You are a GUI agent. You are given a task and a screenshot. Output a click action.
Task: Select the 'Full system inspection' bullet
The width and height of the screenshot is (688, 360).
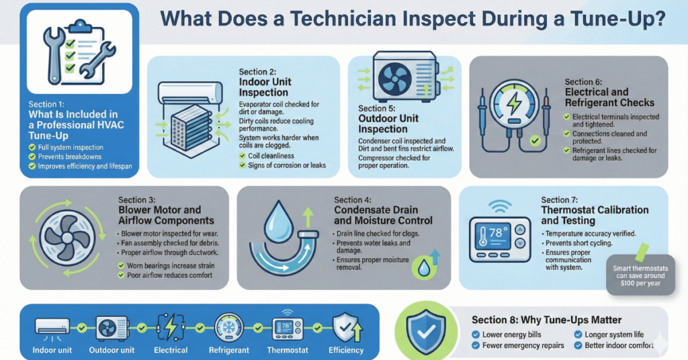click(70, 146)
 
